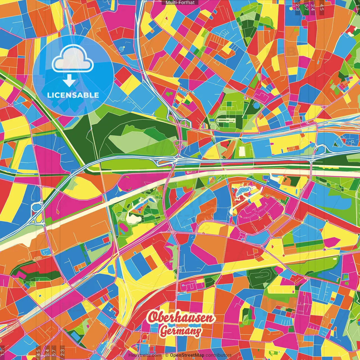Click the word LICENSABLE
(73, 95)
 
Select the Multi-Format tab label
(180, 3)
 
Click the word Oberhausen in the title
(181, 318)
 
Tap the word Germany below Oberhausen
(181, 331)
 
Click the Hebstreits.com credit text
(145, 355)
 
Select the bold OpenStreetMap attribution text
(187, 355)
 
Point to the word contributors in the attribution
(219, 355)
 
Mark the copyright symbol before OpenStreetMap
(167, 355)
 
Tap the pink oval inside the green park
(123, 226)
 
